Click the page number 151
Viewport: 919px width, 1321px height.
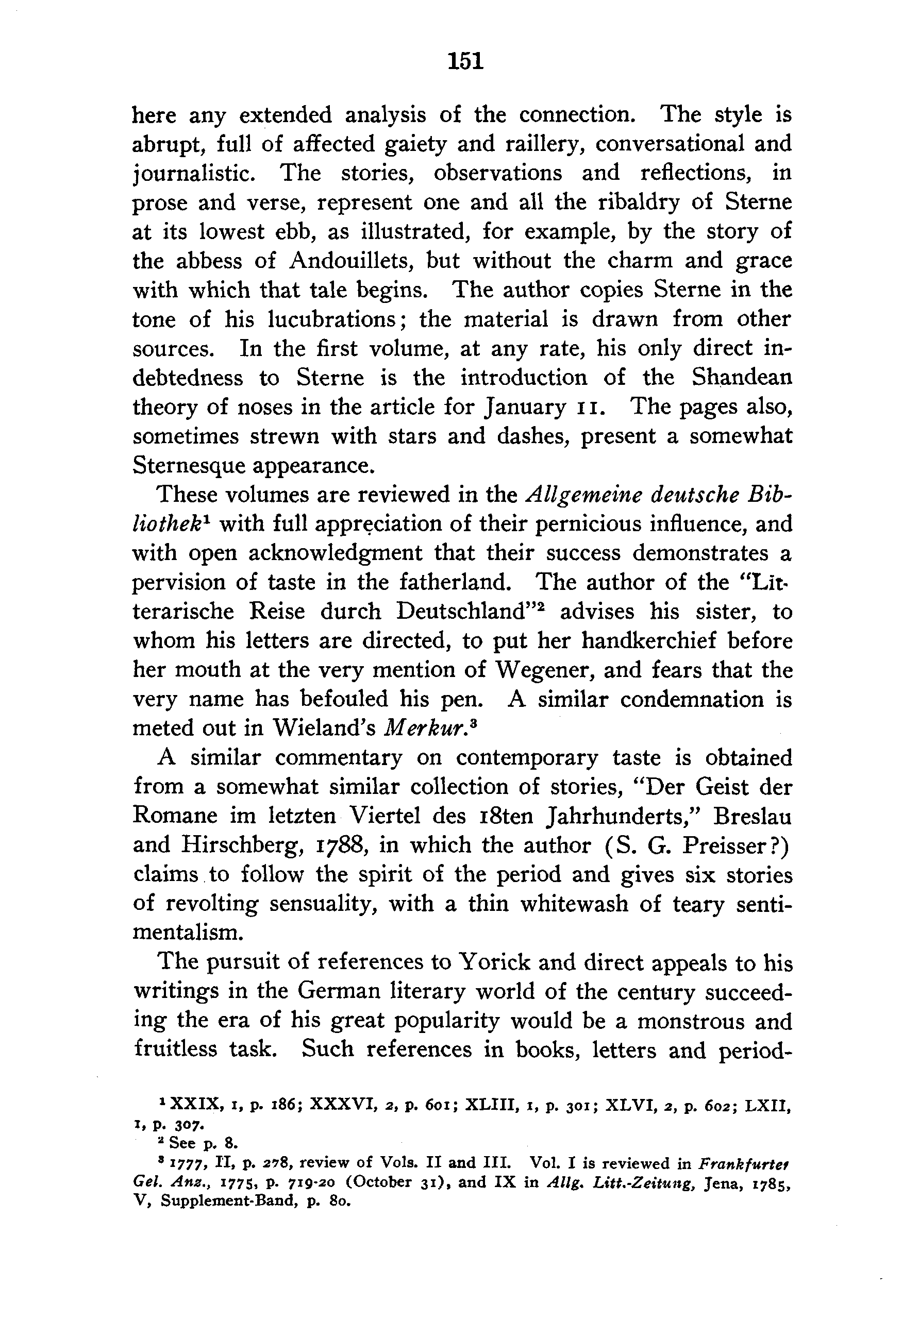[465, 60]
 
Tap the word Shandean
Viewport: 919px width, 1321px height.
[742, 378]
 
